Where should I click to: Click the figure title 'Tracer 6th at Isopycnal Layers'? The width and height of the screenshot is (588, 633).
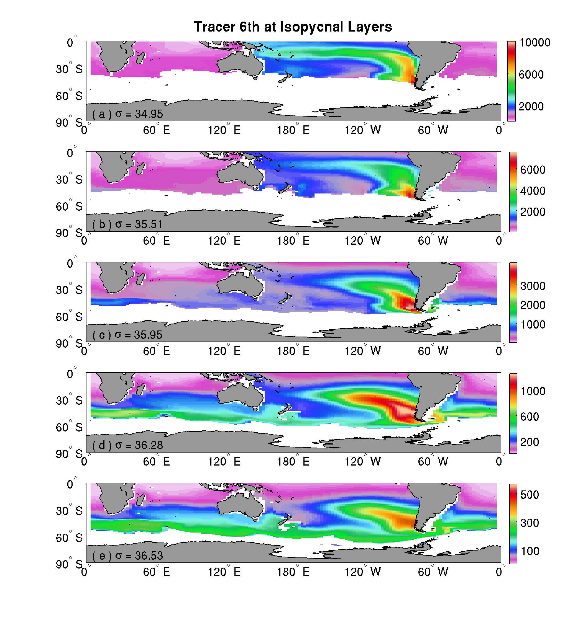(x=293, y=27)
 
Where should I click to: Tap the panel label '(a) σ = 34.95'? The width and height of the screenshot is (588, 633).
(x=127, y=114)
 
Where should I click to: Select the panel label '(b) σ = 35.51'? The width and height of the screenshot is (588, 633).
(x=127, y=224)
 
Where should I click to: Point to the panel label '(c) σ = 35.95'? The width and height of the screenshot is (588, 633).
(x=127, y=335)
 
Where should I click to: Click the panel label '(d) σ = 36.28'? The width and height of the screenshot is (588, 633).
(x=127, y=445)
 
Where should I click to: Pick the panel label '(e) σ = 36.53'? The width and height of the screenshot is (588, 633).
(x=127, y=556)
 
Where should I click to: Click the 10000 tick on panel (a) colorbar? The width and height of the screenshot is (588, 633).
(x=535, y=43)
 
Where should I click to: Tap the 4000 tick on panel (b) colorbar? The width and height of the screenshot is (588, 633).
(x=533, y=191)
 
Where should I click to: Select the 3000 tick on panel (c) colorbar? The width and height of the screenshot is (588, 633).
(x=533, y=286)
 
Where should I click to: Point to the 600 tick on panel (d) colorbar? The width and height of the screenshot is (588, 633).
(x=530, y=417)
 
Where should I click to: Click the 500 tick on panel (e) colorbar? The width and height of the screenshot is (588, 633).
(x=530, y=494)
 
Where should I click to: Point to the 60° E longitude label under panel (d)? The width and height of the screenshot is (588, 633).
(x=156, y=461)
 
